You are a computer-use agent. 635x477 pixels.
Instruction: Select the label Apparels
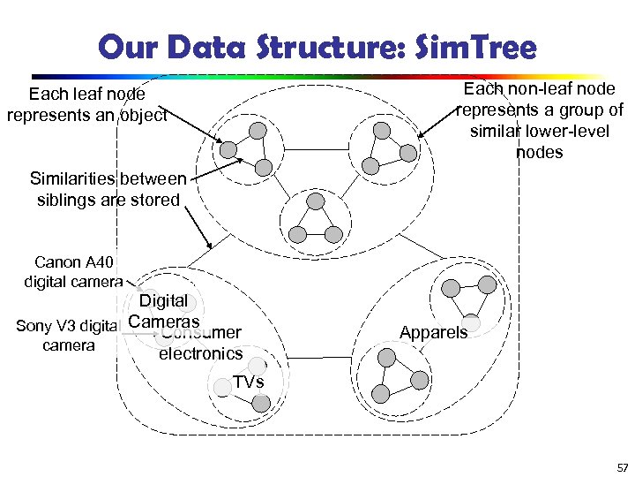click(433, 333)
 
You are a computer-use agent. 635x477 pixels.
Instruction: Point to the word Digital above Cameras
click(163, 301)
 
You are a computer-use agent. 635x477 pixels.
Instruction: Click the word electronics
click(200, 353)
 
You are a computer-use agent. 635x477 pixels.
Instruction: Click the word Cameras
click(164, 322)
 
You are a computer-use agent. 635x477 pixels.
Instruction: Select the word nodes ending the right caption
click(540, 152)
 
